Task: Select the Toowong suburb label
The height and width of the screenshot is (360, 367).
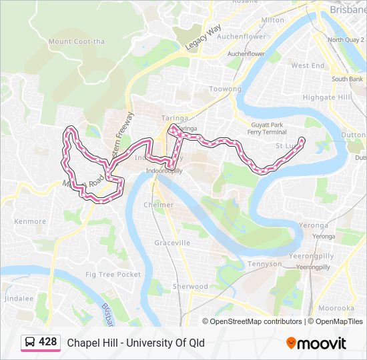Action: [x=225, y=89]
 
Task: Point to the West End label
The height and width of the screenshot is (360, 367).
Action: [x=308, y=66]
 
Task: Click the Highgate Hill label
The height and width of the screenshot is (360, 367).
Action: [x=326, y=97]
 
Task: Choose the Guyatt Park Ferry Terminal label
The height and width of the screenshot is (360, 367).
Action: [x=267, y=129]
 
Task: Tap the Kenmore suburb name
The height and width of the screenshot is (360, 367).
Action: [x=30, y=221]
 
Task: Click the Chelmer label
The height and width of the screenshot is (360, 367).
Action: [x=159, y=205]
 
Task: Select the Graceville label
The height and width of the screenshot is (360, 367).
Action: [x=172, y=243]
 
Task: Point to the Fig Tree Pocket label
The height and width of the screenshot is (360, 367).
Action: [x=113, y=275]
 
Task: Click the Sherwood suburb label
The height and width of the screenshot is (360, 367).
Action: [x=190, y=287]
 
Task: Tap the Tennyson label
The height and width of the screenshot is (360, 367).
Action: [x=264, y=264]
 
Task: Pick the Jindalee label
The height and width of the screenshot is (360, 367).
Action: [x=18, y=299]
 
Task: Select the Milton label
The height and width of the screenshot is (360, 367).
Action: [x=272, y=20]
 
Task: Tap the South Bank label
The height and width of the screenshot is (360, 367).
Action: [x=347, y=79]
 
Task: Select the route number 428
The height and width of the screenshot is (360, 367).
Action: [x=48, y=342]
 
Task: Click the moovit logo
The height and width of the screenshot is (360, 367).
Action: [x=316, y=343]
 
